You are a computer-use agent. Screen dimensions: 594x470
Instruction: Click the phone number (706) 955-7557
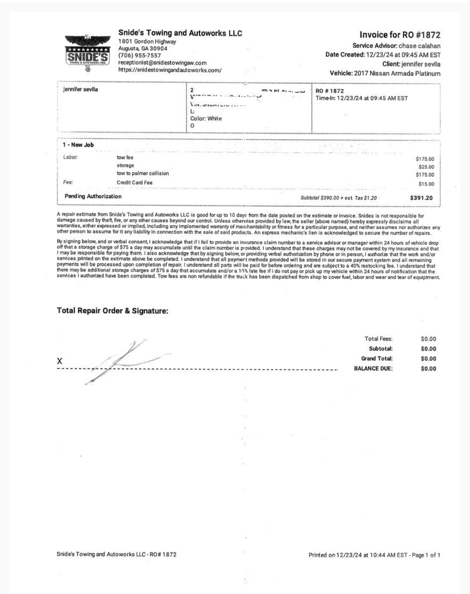tap(139, 55)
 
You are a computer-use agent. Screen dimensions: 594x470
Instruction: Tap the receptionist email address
tap(162, 63)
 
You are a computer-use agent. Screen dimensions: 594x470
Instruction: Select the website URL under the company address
tap(170, 70)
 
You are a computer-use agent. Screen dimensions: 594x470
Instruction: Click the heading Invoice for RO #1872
tap(400, 35)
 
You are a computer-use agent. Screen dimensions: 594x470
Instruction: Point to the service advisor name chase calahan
tap(419, 46)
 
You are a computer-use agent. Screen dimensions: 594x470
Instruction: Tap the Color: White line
tap(206, 119)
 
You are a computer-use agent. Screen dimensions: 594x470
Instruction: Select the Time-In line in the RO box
tap(362, 98)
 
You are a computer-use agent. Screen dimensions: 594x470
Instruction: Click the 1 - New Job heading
tap(79, 145)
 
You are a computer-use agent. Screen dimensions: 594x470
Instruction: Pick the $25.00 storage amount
tap(426, 167)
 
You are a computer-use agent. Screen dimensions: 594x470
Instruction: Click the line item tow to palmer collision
tap(143, 174)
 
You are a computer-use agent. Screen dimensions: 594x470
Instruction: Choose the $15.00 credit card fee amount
tap(426, 184)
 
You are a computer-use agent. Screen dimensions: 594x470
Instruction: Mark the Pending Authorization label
tap(93, 197)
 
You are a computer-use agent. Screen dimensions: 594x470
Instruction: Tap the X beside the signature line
tap(59, 361)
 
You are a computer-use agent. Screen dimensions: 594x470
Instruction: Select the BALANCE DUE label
tap(373, 369)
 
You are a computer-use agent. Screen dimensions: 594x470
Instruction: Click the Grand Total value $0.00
tap(428, 358)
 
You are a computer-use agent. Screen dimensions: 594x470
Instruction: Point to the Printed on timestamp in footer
tap(374, 555)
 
